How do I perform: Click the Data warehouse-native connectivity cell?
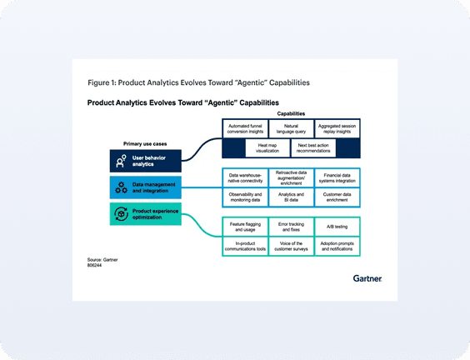pos(244,179)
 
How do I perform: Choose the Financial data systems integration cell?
pos(337,179)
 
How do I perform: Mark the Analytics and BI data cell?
pos(290,197)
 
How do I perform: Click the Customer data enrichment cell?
pos(337,197)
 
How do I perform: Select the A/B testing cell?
pos(337,225)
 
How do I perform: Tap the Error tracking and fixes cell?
pos(290,225)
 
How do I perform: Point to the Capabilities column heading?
pos(290,112)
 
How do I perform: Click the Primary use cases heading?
pos(145,143)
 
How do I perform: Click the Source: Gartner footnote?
pos(102,260)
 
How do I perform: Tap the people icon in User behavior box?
pos(122,161)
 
